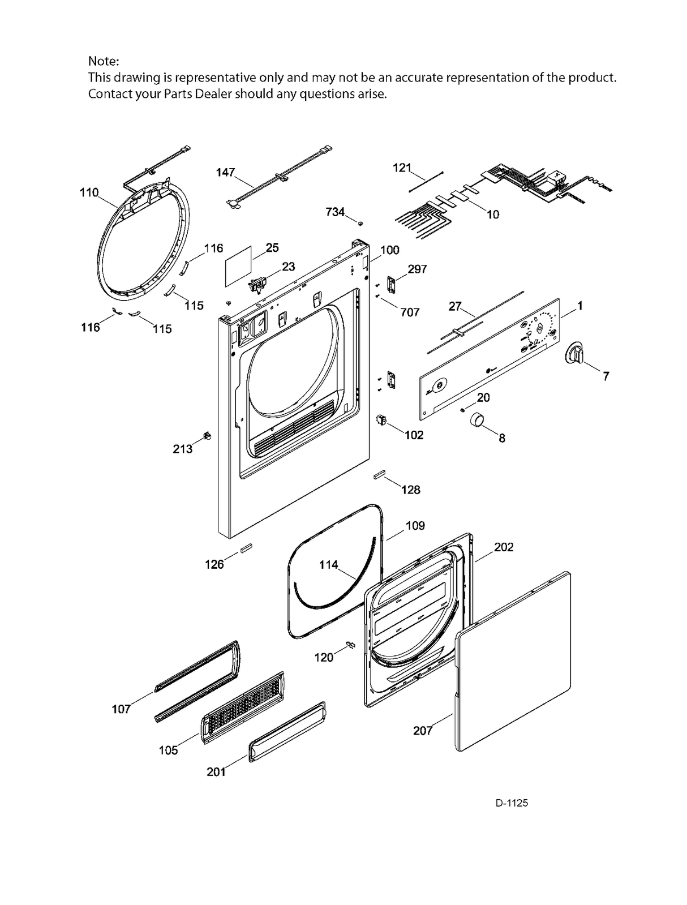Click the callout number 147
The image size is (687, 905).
tap(225, 172)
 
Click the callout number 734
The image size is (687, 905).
tap(335, 212)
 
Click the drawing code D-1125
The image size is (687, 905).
tap(512, 803)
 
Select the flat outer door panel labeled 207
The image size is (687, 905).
tap(512, 662)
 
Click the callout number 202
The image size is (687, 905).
tap(504, 547)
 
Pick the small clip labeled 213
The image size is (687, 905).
tap(207, 435)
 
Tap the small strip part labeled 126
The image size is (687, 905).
tap(246, 548)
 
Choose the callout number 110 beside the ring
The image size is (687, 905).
tap(89, 192)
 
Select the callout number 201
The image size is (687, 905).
tap(216, 771)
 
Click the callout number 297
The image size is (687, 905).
tap(417, 269)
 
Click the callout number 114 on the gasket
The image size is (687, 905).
tap(328, 564)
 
